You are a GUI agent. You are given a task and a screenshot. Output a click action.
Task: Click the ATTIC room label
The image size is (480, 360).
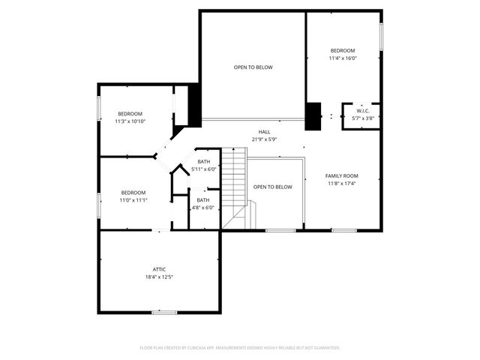[159, 269]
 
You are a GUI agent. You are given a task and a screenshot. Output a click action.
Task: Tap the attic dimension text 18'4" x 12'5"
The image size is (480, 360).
[159, 277]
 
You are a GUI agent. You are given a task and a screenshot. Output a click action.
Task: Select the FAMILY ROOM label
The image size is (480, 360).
[341, 176]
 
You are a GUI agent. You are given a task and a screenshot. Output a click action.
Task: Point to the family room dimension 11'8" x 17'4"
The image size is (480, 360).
[341, 184]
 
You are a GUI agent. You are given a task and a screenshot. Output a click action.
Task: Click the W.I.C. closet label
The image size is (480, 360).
[363, 111]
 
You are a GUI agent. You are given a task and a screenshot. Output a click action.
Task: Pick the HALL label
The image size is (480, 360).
[265, 131]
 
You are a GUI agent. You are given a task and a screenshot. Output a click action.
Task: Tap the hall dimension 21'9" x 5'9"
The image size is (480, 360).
[265, 139]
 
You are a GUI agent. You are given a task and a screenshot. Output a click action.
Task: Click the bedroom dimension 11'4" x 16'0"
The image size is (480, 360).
[343, 58]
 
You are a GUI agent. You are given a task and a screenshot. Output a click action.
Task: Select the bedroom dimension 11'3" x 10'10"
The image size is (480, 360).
[130, 121]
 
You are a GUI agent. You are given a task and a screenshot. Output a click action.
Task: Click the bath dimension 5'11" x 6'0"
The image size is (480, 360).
[204, 169]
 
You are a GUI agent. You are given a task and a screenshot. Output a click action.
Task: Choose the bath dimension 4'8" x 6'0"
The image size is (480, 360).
[203, 208]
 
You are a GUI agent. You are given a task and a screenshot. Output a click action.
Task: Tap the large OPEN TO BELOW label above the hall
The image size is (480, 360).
[253, 67]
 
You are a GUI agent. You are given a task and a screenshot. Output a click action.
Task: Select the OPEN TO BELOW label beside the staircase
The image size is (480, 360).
[272, 187]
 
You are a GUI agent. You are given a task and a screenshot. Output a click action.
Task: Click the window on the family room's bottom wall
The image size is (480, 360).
[344, 230]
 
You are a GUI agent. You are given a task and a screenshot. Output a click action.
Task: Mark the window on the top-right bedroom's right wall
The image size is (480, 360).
[382, 34]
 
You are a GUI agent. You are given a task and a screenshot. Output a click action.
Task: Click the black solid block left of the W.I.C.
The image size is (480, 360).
[313, 115]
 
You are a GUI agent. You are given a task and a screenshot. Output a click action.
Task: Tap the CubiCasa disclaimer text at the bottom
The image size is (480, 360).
[240, 348]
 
